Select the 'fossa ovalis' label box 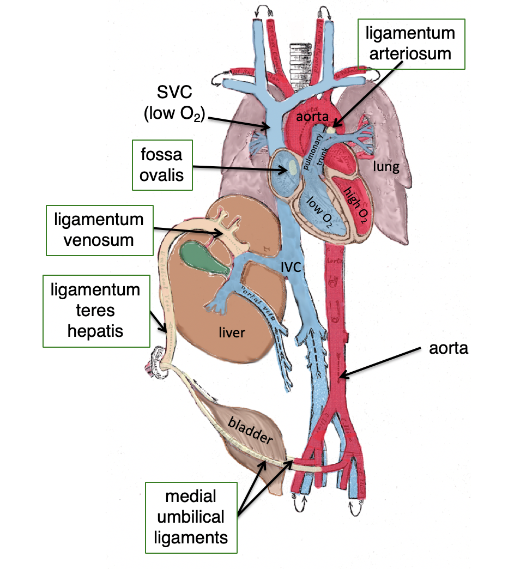click(163, 165)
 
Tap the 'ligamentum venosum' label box click(99, 229)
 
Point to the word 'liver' click(232, 332)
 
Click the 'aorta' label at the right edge click(449, 348)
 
